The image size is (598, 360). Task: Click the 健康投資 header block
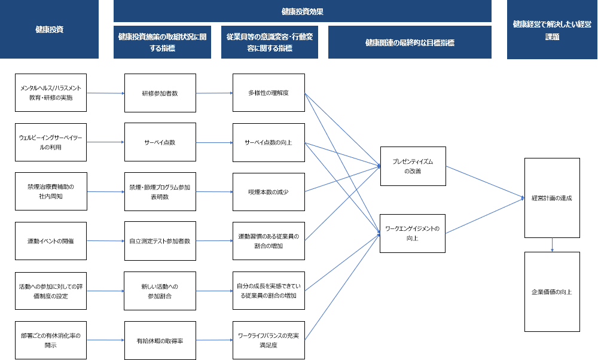point(49,29)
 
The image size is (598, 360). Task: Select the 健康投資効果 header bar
point(302,11)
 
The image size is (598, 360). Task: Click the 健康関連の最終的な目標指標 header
point(410,42)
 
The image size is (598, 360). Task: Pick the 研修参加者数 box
point(160,93)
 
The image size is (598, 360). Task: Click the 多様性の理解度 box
point(269,93)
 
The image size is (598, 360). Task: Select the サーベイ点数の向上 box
point(269,142)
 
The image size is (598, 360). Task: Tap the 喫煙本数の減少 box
point(269,191)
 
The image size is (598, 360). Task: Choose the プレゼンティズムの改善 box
point(412,166)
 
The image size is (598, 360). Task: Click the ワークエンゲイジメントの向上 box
point(412,233)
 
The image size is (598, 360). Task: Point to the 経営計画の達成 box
point(551,197)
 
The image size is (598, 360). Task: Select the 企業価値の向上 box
point(551,292)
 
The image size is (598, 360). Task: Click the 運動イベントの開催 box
point(51,240)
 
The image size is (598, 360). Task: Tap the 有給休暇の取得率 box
point(160,340)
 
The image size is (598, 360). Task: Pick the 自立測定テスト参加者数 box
point(160,241)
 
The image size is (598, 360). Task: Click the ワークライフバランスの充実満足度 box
point(269,340)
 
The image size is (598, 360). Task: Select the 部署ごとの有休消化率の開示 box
point(51,340)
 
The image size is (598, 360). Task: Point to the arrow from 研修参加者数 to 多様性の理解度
point(214,93)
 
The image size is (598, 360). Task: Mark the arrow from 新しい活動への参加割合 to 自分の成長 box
point(214,291)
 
